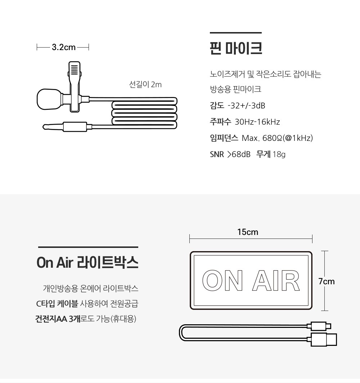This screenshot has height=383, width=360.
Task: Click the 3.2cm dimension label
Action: (x=64, y=47)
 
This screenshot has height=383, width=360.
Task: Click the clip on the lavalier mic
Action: (x=75, y=87)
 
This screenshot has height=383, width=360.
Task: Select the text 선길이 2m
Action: (x=145, y=85)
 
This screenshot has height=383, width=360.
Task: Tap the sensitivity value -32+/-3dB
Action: (x=246, y=106)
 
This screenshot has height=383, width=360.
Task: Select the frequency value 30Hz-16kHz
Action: (x=257, y=122)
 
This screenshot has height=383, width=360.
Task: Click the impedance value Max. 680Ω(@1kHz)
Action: (x=277, y=138)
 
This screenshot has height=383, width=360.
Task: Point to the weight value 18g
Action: (x=279, y=154)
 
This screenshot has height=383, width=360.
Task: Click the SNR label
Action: (x=217, y=154)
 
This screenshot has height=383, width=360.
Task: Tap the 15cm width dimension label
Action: (x=248, y=232)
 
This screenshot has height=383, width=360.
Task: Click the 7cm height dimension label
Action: (x=326, y=281)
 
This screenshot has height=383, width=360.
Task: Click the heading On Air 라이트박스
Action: (x=87, y=263)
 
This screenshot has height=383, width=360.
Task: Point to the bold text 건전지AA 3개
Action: (x=58, y=319)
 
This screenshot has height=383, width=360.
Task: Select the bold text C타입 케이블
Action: (x=57, y=304)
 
